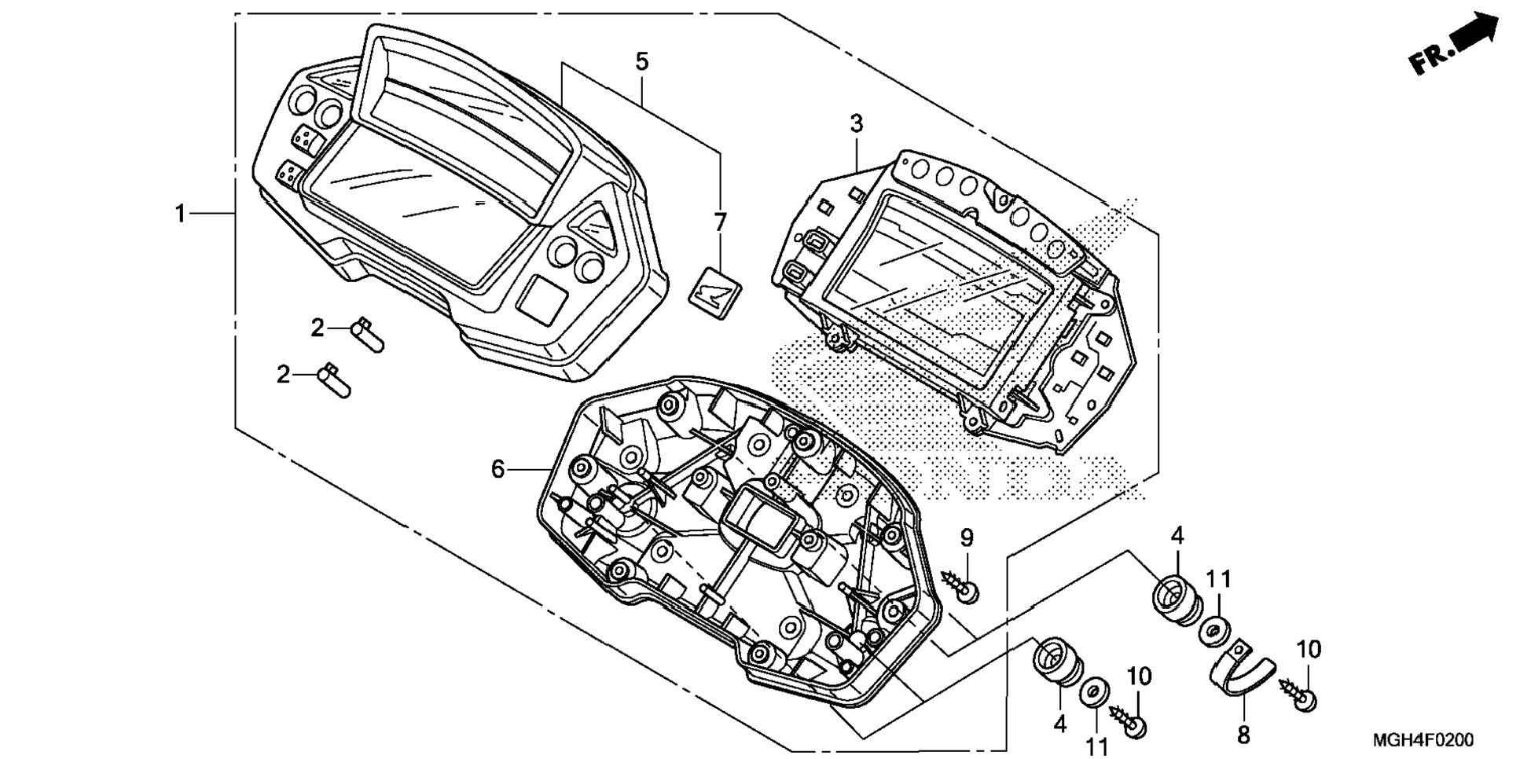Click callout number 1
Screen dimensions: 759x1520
click(x=180, y=213)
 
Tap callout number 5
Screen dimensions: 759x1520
click(x=642, y=61)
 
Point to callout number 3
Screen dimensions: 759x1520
click(x=856, y=123)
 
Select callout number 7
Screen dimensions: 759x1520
click(x=720, y=222)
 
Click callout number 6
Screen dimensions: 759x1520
click(x=497, y=469)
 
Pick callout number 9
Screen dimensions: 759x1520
click(x=967, y=538)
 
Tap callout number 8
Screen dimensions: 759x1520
click(x=1243, y=735)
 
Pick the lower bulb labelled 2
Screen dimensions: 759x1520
click(x=335, y=380)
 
